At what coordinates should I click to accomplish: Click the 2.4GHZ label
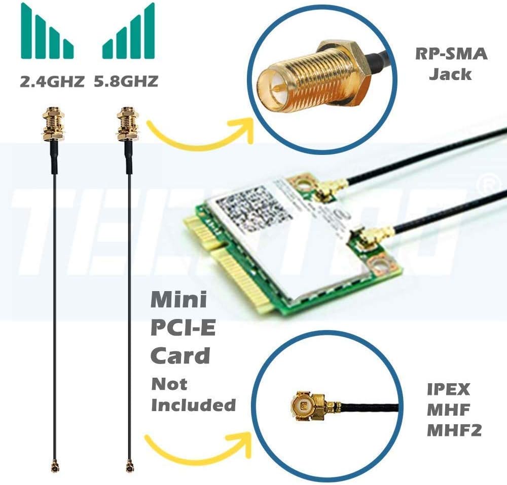point(52,81)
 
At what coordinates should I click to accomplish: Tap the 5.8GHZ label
point(126,81)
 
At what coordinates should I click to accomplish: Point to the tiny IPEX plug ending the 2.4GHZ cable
point(54,464)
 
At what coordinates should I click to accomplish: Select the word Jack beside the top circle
point(450,74)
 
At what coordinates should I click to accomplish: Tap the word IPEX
point(448,389)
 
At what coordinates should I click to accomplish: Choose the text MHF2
point(454,430)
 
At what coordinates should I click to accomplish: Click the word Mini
point(179,300)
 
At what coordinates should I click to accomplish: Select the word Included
point(194,405)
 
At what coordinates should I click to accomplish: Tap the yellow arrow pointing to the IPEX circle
point(198,446)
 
